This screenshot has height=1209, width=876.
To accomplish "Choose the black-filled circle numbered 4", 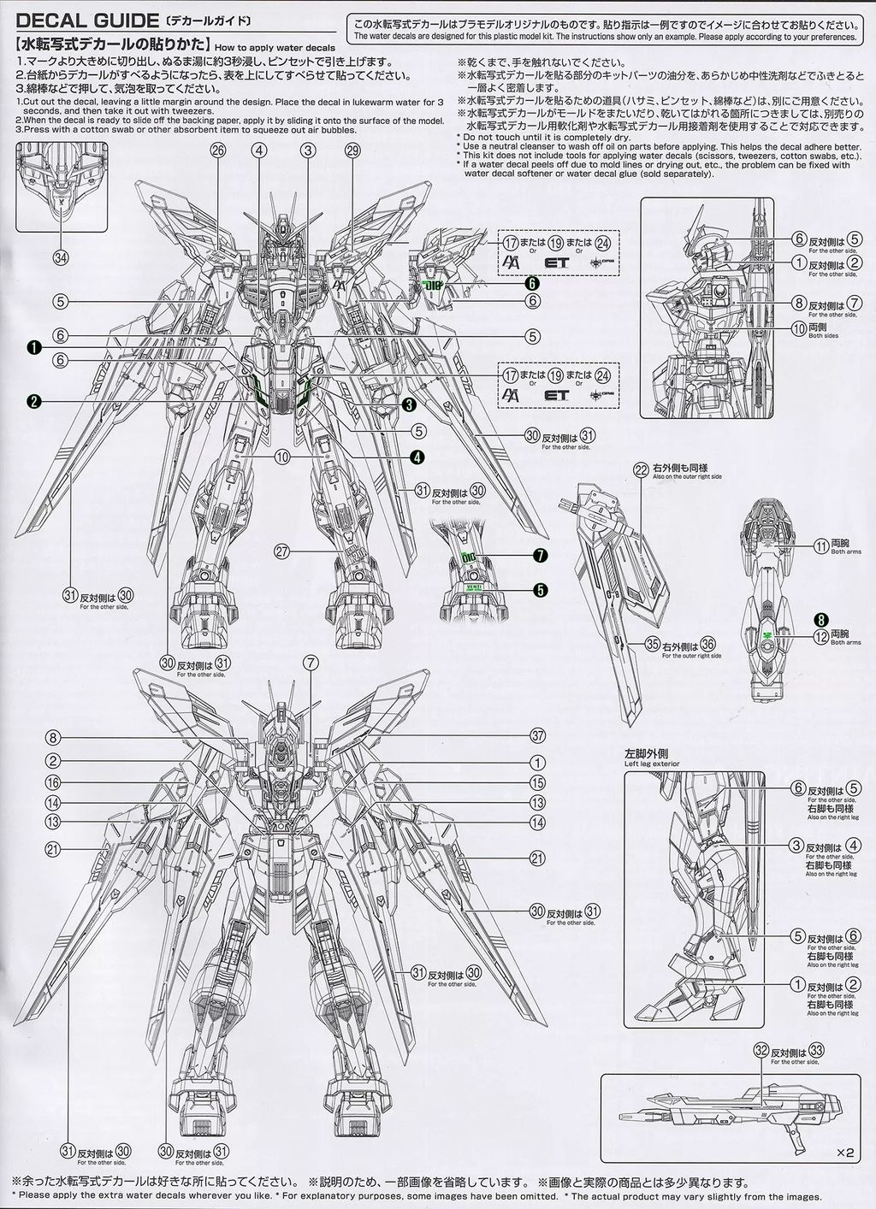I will tap(417, 457).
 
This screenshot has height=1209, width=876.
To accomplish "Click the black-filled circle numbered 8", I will tap(820, 621).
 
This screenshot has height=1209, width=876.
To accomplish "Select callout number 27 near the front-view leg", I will tap(281, 551).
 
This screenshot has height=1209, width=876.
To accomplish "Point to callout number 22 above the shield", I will tap(641, 469).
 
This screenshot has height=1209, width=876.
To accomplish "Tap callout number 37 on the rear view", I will tap(537, 736).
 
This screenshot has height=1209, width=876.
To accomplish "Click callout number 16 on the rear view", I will tap(53, 782).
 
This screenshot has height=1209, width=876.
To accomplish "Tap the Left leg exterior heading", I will tap(652, 752).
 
